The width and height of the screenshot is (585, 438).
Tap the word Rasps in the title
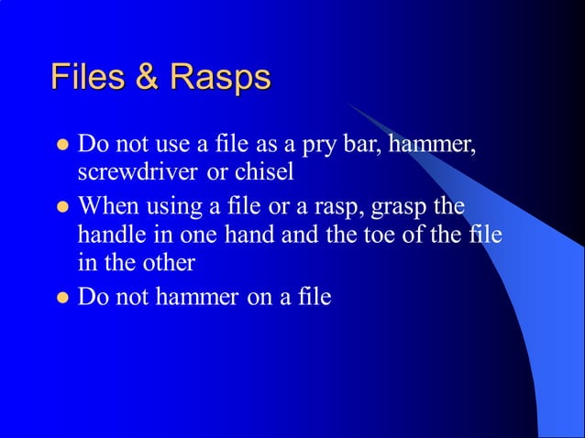click(217, 77)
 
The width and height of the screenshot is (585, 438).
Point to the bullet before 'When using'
click(63, 205)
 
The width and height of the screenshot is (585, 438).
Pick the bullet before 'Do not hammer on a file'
click(63, 298)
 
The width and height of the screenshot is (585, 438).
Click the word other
click(167, 262)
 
